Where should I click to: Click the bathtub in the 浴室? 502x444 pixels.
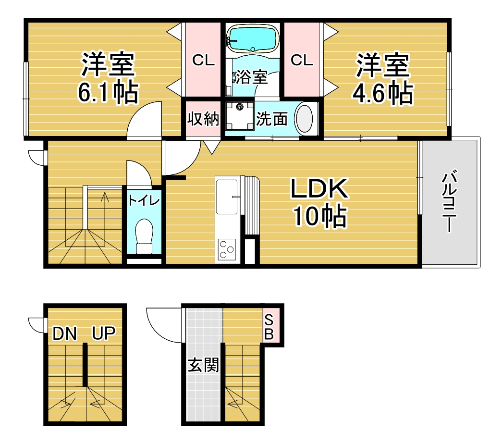coord(253,39)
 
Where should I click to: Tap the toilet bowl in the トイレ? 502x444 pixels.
coord(144,236)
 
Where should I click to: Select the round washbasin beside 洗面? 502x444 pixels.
coord(304,119)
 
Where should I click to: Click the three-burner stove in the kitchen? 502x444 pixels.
coord(227,249)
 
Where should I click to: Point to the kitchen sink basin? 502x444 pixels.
coord(227,197)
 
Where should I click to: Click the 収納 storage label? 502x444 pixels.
coord(203,119)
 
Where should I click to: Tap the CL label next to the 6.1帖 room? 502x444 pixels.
coord(204,60)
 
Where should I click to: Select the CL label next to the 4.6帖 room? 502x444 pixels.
coord(302,60)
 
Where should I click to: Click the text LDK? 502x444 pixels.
coord(319,188)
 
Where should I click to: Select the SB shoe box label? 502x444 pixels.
coord(269,327)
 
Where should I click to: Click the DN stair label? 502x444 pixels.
coord(65,333)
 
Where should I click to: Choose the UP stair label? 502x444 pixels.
coord(104,333)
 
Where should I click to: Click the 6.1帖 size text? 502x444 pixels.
coord(108,93)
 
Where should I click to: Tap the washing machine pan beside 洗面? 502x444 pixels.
coord(240,116)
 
